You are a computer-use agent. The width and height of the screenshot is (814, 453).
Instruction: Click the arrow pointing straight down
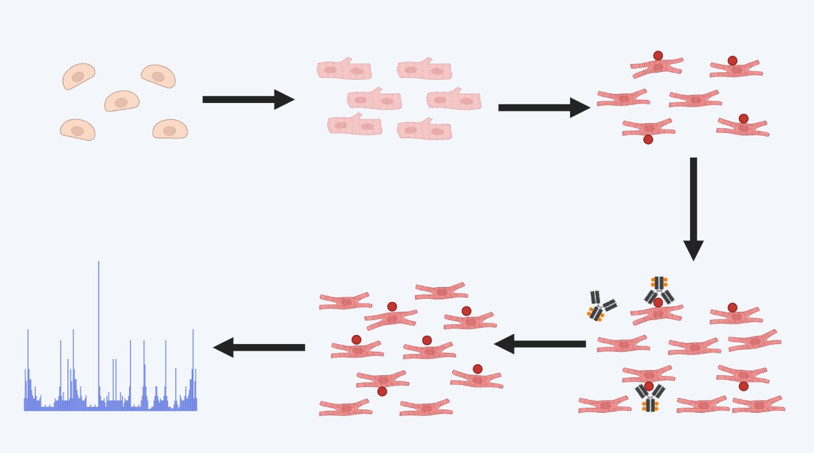tap(693, 207)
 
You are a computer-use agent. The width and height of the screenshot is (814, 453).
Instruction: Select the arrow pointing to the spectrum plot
tap(259, 347)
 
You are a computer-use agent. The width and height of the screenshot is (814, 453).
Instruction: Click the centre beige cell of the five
tap(122, 101)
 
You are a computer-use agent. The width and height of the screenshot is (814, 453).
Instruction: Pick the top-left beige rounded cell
tap(78, 76)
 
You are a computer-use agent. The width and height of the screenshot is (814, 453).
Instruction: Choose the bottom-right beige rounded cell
tap(170, 130)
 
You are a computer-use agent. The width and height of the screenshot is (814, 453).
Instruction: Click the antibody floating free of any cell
tap(601, 306)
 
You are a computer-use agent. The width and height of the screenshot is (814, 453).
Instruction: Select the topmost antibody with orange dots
tap(659, 288)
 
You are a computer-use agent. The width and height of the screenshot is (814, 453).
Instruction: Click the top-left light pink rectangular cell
tap(344, 69)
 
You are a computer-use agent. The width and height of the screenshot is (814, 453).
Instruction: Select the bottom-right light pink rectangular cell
tap(424, 130)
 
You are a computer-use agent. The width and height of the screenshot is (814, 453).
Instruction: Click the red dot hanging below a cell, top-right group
tap(648, 139)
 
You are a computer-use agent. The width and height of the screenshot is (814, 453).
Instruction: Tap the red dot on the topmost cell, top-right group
tap(658, 56)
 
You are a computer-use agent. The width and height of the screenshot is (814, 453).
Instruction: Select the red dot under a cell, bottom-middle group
tap(382, 391)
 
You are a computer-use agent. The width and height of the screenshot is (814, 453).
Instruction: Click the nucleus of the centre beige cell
tap(121, 102)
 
